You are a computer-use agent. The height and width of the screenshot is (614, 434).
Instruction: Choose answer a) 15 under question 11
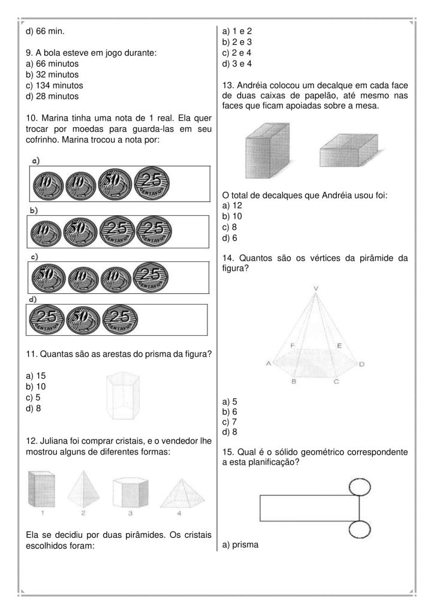click(37, 375)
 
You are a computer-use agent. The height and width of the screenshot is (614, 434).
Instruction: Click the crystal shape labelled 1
click(42, 489)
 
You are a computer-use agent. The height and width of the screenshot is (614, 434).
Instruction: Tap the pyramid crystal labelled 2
click(83, 487)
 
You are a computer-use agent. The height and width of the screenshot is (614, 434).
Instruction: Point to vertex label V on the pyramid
click(316, 288)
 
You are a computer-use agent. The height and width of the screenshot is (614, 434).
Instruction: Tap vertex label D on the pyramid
click(362, 364)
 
